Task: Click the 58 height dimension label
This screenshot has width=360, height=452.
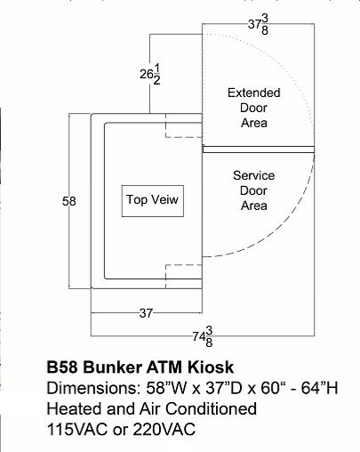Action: pyautogui.click(x=69, y=201)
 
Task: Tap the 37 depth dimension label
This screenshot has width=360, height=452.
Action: pyautogui.click(x=146, y=313)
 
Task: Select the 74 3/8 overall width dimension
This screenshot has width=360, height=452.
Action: pyautogui.click(x=203, y=336)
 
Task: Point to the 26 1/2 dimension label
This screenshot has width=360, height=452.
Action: pyautogui.click(x=150, y=75)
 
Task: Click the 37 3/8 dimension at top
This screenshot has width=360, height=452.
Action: pyautogui.click(x=259, y=25)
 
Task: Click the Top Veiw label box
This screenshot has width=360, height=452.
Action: pyautogui.click(x=153, y=201)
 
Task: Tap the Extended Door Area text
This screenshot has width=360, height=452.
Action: pyautogui.click(x=254, y=108)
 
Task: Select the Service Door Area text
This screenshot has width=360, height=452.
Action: pyautogui.click(x=254, y=190)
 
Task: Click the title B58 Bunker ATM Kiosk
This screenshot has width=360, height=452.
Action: pyautogui.click(x=140, y=367)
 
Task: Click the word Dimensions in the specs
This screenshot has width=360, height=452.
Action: pyautogui.click(x=93, y=388)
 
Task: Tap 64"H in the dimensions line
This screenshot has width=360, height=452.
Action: pyautogui.click(x=320, y=388)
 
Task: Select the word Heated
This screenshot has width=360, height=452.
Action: pyautogui.click(x=75, y=408)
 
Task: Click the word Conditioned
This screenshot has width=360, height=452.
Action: pyautogui.click(x=211, y=408)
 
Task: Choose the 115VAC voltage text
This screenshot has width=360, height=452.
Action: pyautogui.click(x=77, y=429)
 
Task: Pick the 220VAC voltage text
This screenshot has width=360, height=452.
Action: pyautogui.click(x=164, y=429)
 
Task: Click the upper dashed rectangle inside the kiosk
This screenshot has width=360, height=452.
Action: pyautogui.click(x=184, y=137)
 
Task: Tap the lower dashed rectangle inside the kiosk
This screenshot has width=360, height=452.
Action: pyautogui.click(x=184, y=264)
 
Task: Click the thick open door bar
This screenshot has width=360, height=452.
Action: pyautogui.click(x=259, y=149)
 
